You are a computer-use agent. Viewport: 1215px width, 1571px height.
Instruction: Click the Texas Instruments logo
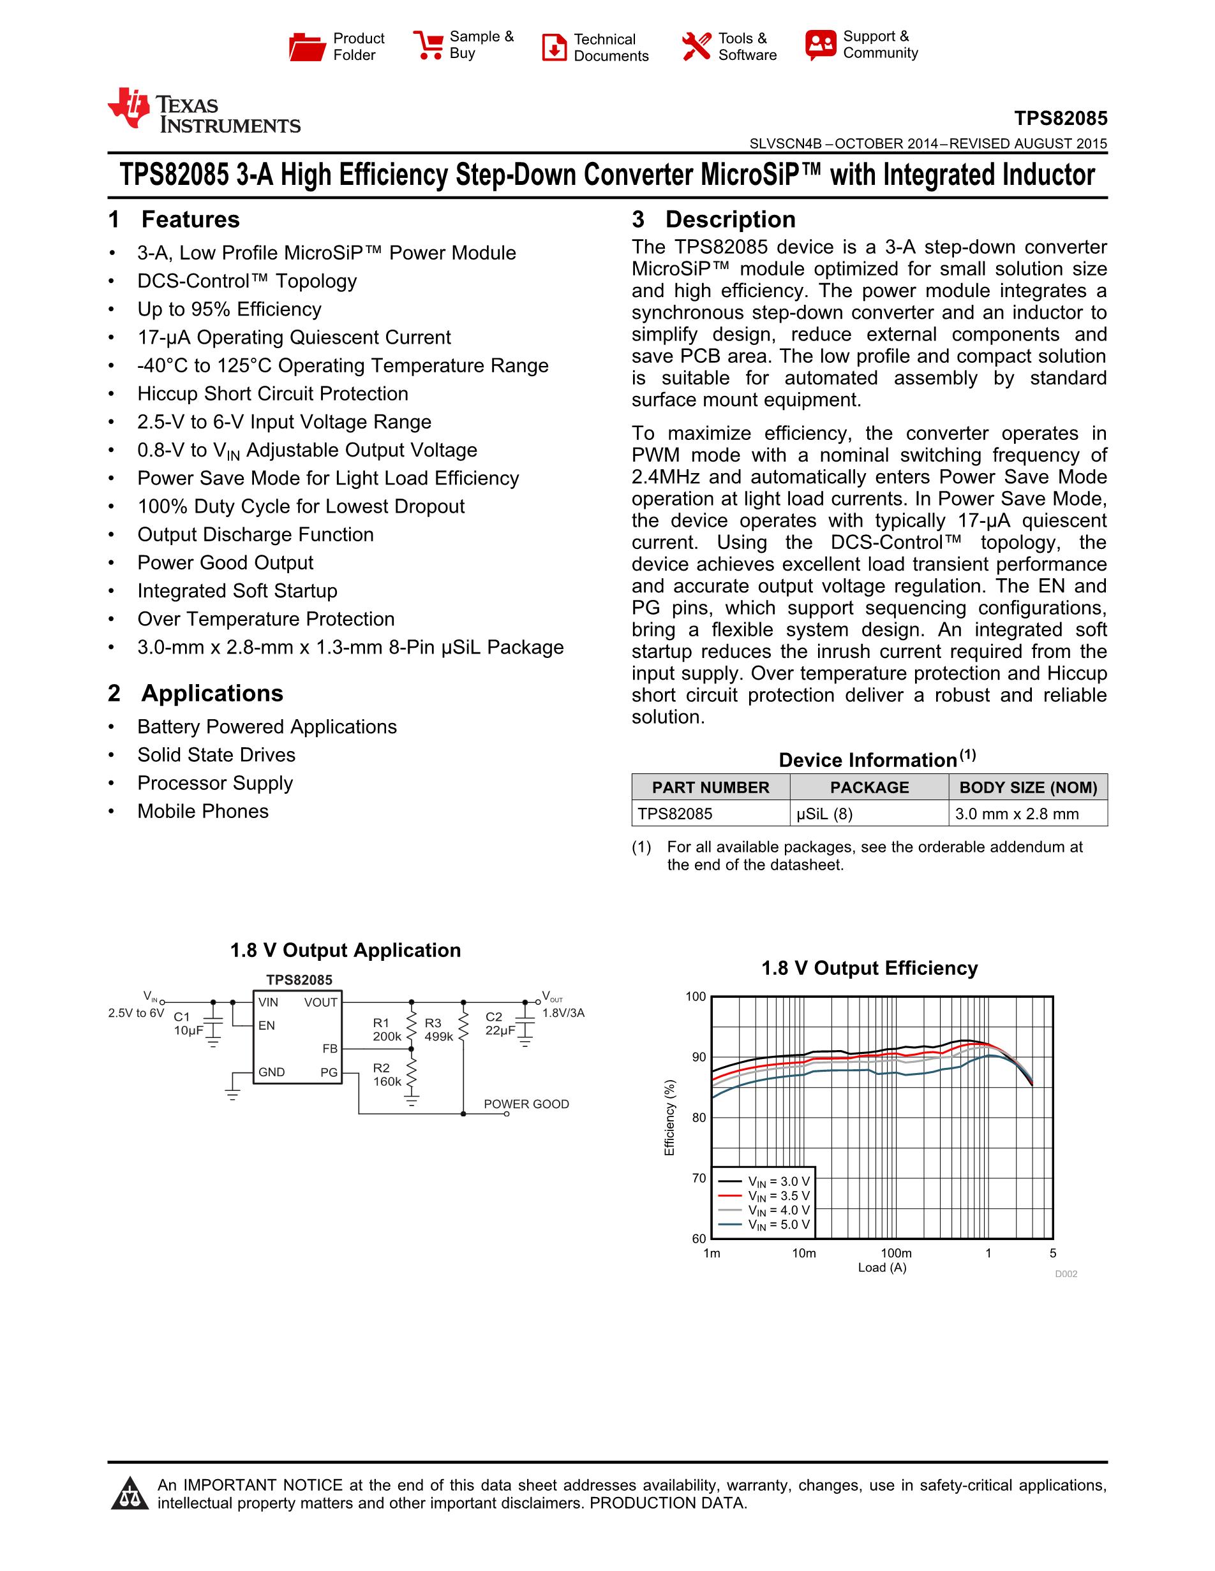204,112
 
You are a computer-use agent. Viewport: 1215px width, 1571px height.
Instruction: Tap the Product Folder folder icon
307,47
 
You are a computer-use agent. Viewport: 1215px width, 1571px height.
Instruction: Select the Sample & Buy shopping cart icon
428,45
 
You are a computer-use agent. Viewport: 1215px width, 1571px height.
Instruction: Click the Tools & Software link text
747,47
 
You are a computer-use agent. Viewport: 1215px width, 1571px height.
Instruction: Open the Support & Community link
879,45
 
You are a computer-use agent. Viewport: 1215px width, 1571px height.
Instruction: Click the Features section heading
190,219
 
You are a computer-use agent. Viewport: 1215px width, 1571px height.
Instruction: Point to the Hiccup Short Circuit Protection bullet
272,393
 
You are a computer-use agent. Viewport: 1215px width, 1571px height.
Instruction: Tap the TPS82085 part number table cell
675,814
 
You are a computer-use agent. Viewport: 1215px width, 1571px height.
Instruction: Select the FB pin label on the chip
330,1049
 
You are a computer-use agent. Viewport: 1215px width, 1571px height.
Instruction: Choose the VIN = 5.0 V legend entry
777,1225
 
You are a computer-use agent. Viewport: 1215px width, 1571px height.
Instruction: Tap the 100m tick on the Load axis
895,1253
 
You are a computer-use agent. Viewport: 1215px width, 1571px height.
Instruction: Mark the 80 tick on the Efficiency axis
698,1118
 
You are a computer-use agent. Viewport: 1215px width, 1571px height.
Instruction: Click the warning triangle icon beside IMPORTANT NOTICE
130,1494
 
